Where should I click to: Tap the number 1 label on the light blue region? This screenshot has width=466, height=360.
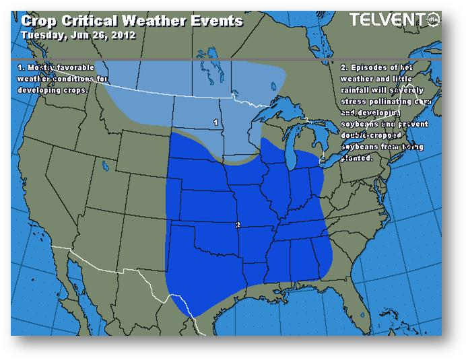(x=215, y=122)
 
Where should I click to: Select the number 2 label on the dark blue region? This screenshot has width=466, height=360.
(x=237, y=225)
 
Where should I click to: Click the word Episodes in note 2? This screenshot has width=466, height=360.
(x=369, y=69)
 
